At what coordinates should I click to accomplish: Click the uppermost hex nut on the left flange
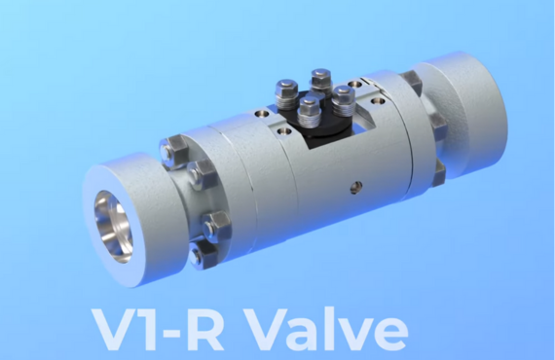click(x=171, y=152)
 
